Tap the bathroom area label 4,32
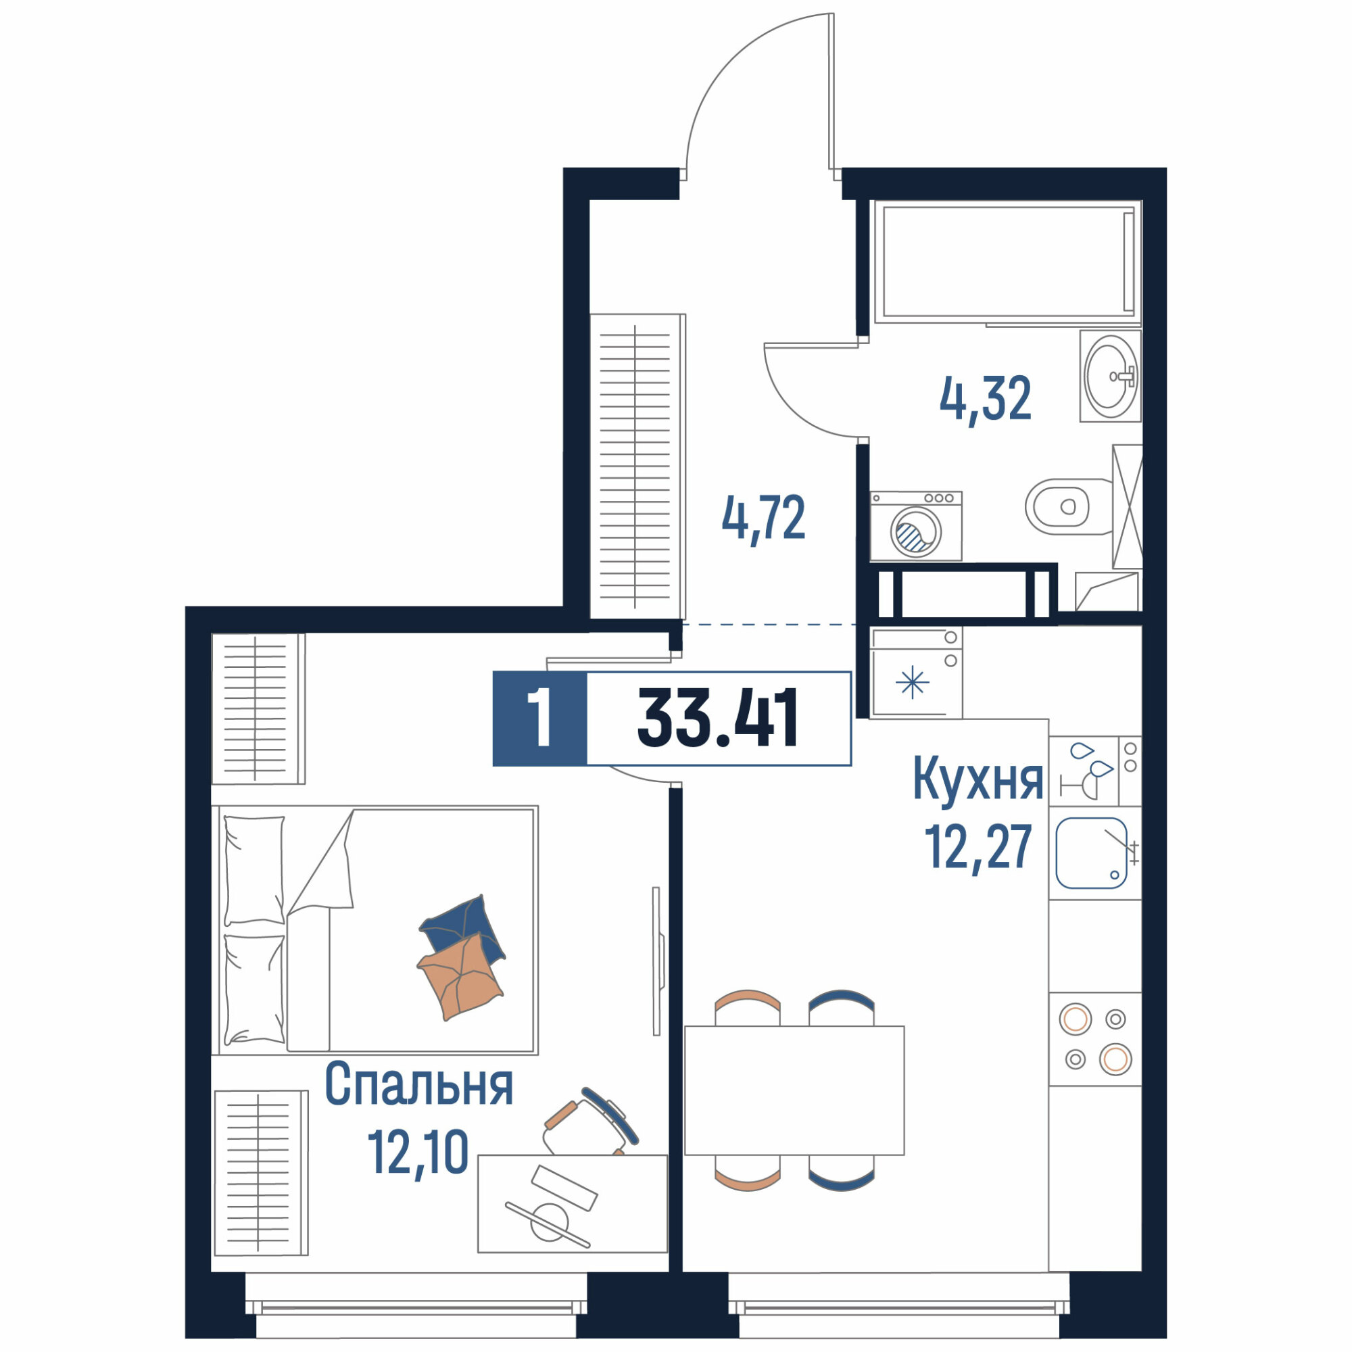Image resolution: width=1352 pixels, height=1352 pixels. pos(986,398)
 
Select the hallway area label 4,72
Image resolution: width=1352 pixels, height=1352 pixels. pos(763,516)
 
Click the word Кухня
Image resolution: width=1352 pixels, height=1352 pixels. pos(978,782)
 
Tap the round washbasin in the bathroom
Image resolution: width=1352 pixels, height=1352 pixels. pos(1111,376)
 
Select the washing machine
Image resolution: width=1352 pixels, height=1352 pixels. pos(916,525)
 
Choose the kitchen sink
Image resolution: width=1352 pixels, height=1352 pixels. pos(1092,853)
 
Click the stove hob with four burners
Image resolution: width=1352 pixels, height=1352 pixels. pos(1095,1039)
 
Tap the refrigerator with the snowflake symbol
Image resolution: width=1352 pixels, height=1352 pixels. pos(916,673)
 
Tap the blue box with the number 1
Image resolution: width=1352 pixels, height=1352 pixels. pos(539,718)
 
